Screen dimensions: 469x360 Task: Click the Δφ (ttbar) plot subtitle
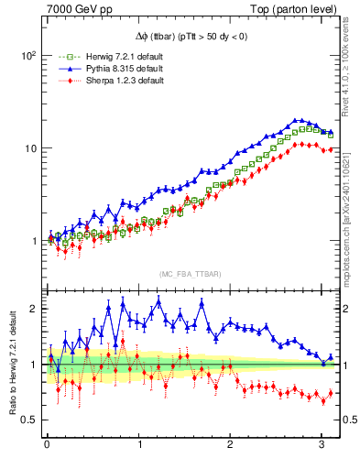pos(191,36)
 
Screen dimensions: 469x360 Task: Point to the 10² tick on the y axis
pos(27,55)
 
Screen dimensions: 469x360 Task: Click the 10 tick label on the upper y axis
pos(29,148)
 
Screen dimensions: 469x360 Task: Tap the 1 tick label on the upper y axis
pos(32,242)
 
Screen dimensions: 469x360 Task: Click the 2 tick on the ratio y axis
pos(32,309)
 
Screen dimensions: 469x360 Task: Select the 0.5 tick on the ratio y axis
pos(27,420)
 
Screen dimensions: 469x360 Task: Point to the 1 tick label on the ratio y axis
pos(32,365)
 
